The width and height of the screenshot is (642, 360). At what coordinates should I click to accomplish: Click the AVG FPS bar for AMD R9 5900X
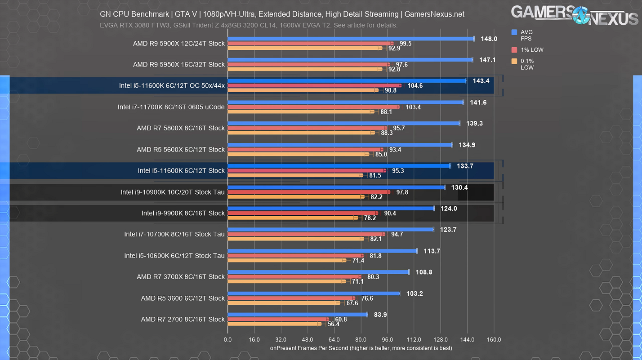(351, 39)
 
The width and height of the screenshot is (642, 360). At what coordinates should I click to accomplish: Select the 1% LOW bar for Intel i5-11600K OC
(314, 85)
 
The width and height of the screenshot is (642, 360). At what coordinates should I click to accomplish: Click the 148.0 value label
(489, 39)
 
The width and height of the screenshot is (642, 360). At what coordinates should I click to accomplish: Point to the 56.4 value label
(334, 324)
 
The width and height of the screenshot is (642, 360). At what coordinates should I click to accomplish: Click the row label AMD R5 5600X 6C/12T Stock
(181, 149)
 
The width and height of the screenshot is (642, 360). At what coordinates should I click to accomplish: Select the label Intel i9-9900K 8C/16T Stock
(183, 213)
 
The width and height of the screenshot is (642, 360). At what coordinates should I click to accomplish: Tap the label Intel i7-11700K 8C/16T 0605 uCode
(171, 107)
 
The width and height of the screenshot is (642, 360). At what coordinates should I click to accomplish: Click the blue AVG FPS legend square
(514, 32)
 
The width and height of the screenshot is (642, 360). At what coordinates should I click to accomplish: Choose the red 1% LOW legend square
(514, 50)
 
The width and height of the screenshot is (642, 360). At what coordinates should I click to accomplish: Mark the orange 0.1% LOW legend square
(514, 61)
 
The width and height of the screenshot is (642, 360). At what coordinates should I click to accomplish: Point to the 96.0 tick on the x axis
(387, 340)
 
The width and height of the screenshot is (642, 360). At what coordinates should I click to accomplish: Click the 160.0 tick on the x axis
(494, 340)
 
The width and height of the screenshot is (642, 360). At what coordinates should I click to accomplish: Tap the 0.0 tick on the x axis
(227, 340)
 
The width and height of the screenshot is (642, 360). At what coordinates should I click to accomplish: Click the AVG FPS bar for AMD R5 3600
(313, 293)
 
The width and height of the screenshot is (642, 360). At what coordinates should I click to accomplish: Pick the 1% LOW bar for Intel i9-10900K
(308, 192)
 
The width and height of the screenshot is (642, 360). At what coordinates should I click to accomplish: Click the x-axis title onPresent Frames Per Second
(361, 348)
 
